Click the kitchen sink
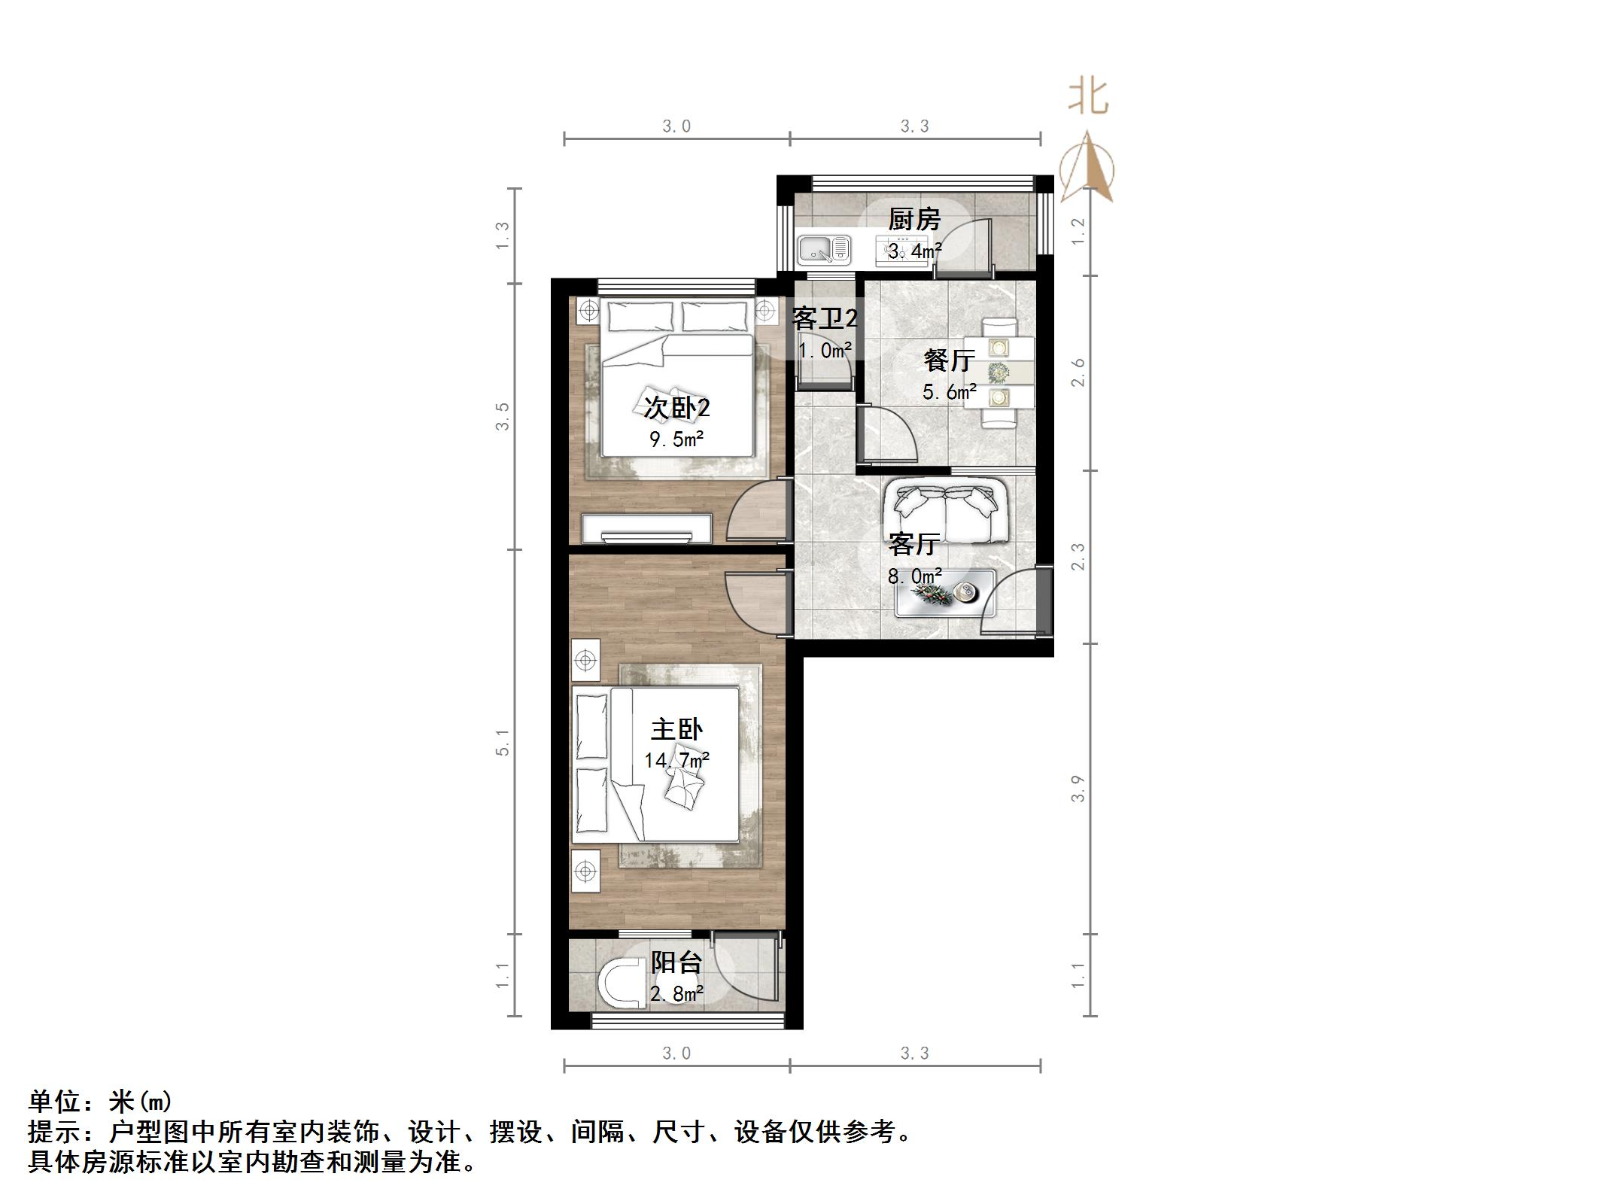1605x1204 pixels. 824,249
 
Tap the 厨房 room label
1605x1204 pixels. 914,220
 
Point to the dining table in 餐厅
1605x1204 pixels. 999,372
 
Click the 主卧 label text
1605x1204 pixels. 676,729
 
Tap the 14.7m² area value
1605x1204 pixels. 676,761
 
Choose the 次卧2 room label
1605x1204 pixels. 676,408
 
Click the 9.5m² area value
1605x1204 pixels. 676,439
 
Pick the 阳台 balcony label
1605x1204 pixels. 676,962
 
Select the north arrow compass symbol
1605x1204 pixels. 1087,169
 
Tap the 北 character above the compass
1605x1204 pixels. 1088,99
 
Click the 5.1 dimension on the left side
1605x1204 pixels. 503,742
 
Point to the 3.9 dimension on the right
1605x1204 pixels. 1078,789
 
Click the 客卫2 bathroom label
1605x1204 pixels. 825,319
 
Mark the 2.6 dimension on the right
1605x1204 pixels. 1078,372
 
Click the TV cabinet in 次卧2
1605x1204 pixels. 647,528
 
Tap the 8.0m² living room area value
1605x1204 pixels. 914,576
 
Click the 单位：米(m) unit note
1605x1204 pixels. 100,1102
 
